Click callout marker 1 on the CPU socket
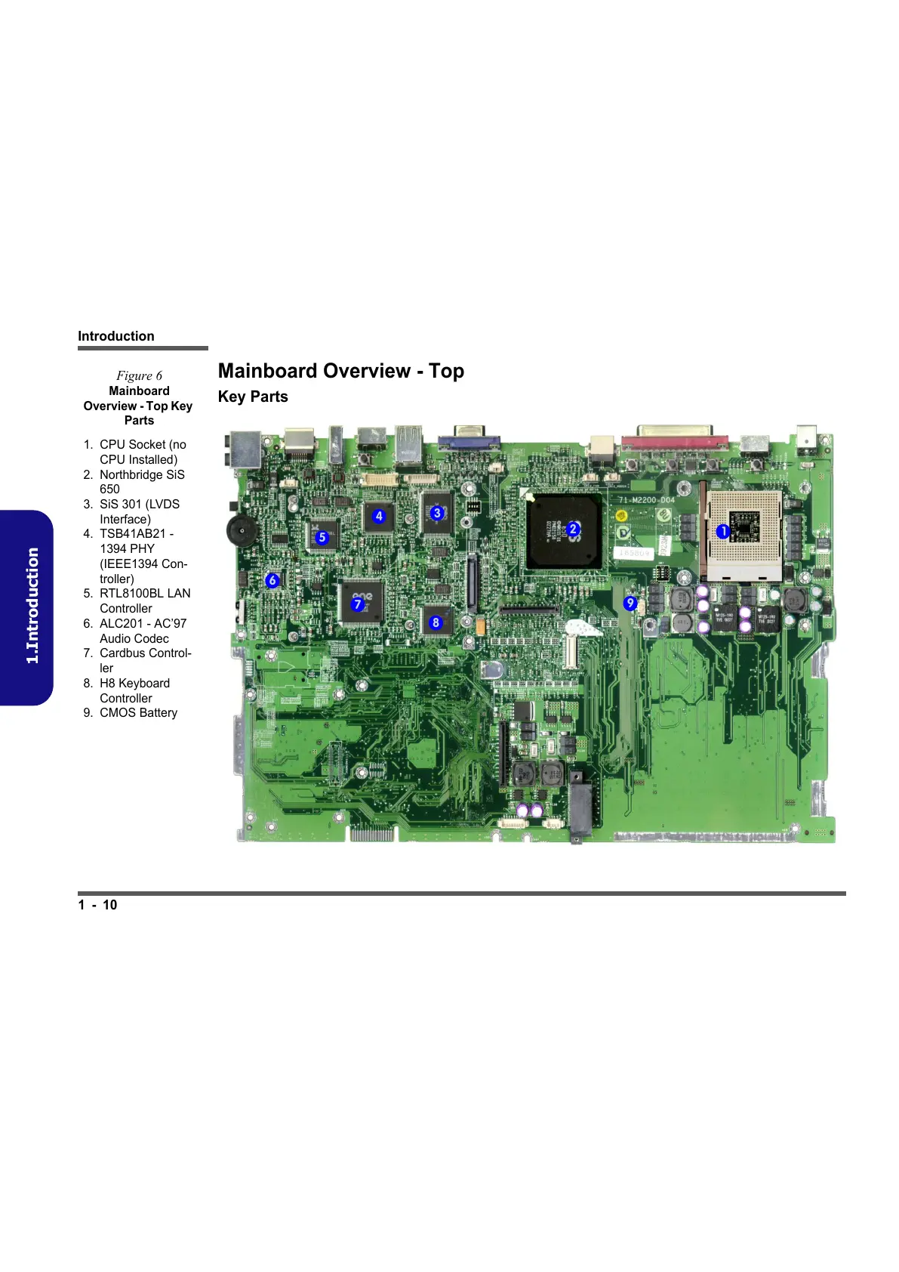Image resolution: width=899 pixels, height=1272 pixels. click(x=722, y=531)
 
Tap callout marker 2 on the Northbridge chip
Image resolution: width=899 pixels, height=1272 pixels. click(x=573, y=529)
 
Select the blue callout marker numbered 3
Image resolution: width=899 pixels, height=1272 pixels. click(x=437, y=513)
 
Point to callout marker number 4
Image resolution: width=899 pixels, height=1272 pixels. click(x=379, y=516)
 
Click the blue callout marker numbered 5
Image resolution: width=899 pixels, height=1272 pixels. click(x=322, y=537)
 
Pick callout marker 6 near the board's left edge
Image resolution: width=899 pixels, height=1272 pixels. click(x=272, y=580)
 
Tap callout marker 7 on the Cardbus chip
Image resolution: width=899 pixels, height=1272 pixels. click(x=358, y=604)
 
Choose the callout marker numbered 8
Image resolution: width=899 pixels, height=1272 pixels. click(x=436, y=622)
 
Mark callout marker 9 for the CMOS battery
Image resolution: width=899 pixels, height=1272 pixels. click(x=630, y=603)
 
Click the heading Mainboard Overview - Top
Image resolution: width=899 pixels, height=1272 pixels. click(x=340, y=371)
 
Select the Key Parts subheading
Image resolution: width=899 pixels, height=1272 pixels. click(x=253, y=397)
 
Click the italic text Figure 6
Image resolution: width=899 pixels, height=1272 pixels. click(x=139, y=375)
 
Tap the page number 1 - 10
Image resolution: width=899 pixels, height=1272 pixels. click(x=97, y=905)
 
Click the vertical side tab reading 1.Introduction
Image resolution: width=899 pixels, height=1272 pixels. click(x=32, y=607)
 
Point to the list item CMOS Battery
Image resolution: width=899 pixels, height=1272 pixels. click(x=138, y=713)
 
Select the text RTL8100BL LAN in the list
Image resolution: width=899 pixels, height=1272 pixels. click(x=145, y=594)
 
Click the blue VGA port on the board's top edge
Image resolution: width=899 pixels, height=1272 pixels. click(x=468, y=438)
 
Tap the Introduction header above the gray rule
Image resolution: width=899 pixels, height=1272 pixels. click(x=116, y=336)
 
